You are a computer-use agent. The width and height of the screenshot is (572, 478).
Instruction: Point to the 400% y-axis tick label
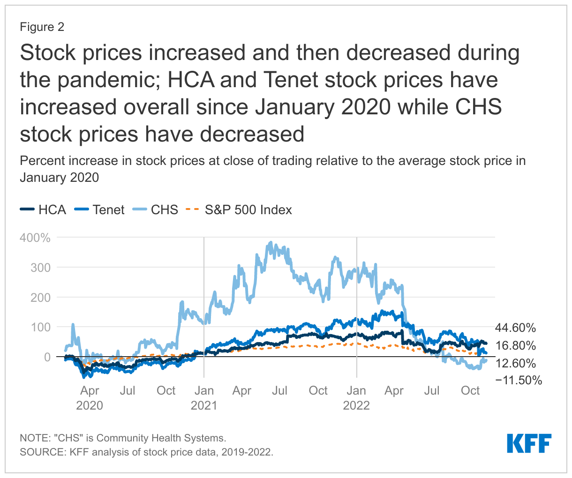pos(35,238)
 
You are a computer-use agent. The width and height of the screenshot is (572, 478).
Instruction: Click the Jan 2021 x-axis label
pos(204,397)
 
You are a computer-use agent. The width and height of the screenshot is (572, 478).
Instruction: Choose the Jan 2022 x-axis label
pos(356,397)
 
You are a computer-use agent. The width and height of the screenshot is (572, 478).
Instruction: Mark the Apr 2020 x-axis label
pos(90,397)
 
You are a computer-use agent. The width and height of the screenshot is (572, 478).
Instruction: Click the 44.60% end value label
pos(515,328)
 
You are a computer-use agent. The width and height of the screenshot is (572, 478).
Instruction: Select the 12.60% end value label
pos(515,363)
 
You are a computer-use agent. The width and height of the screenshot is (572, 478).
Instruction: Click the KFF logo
pos(529,443)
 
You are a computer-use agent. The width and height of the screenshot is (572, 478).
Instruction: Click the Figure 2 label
pos(42,27)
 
